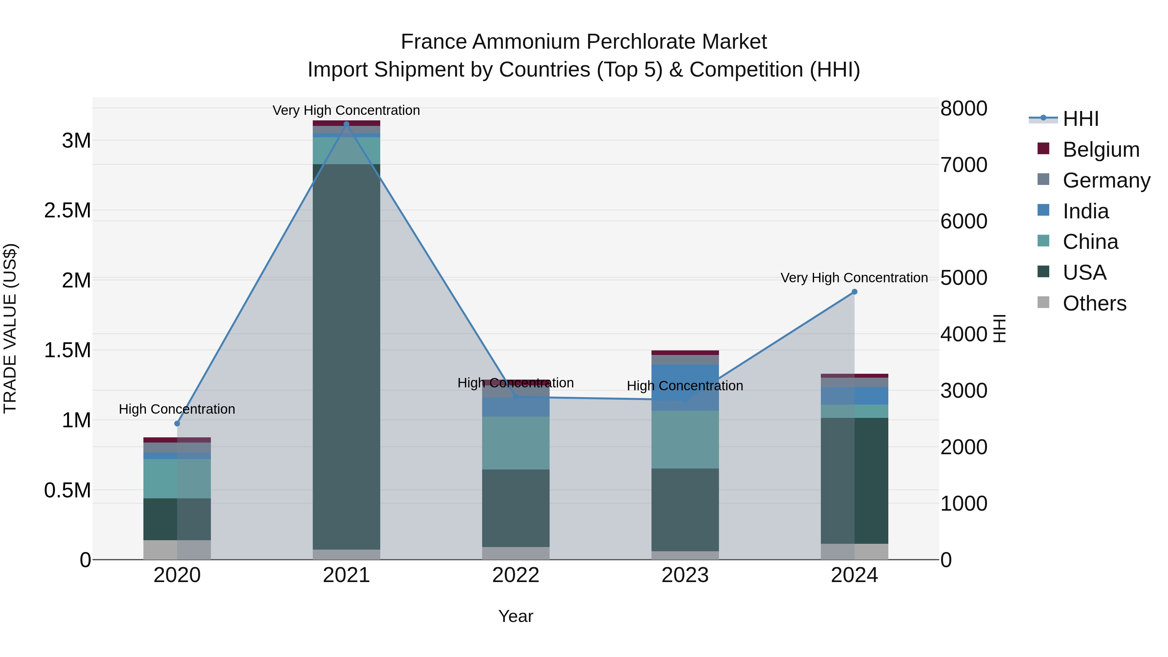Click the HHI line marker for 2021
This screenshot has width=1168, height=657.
point(347,124)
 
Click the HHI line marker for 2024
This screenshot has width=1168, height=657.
point(854,292)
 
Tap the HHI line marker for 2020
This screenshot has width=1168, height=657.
point(177,423)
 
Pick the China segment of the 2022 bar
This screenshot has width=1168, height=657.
point(516,443)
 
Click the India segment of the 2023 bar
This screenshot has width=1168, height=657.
point(685,388)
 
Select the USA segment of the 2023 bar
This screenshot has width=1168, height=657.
point(685,510)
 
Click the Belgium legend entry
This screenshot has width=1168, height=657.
point(1101,150)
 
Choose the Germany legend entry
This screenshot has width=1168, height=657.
point(1106,180)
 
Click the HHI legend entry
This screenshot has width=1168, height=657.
point(1080,119)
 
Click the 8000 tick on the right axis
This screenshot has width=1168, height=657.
point(964,109)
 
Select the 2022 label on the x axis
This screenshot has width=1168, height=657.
point(516,575)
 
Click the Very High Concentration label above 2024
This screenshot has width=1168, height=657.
point(854,277)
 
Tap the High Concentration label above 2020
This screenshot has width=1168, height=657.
point(177,409)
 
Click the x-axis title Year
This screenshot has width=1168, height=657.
point(516,616)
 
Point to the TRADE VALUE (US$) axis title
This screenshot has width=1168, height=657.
point(10,328)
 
